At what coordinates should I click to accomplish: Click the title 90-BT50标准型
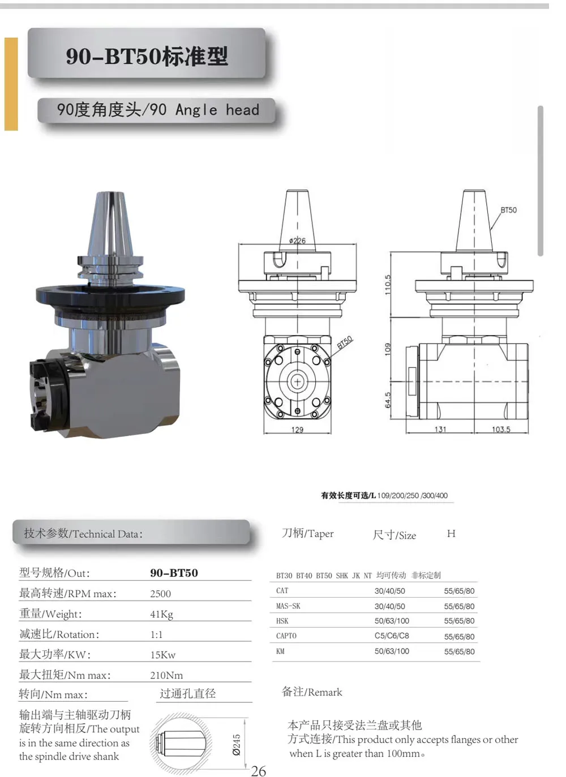(x=147, y=56)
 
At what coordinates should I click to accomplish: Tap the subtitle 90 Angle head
(x=158, y=109)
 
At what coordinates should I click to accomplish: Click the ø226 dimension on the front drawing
(x=297, y=241)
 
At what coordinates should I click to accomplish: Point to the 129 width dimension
(x=297, y=430)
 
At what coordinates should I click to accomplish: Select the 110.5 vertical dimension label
(x=388, y=284)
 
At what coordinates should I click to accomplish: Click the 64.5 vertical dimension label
(x=388, y=400)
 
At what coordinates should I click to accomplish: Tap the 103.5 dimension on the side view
(x=501, y=430)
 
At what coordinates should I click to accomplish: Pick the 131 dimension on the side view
(x=440, y=430)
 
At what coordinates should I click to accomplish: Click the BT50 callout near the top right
(x=508, y=210)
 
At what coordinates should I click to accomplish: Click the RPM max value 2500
(x=160, y=594)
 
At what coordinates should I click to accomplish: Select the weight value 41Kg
(x=161, y=614)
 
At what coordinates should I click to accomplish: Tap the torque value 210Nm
(x=166, y=675)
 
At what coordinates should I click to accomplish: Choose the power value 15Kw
(x=162, y=655)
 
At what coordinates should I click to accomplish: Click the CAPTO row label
(x=286, y=636)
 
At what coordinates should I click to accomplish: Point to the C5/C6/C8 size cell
(x=392, y=636)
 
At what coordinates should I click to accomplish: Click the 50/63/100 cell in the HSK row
(x=392, y=621)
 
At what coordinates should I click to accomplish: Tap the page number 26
(x=259, y=771)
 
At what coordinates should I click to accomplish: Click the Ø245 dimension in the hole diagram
(x=237, y=745)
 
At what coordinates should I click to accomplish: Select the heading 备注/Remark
(x=312, y=692)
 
